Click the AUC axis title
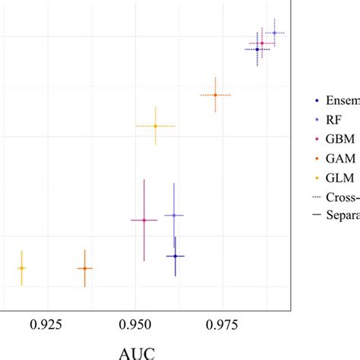click(x=140, y=352)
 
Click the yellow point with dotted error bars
click(x=155, y=125)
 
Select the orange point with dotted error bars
click(x=216, y=95)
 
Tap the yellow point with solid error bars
click(x=21, y=268)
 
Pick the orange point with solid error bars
click(x=84, y=268)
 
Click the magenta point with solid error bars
click(x=144, y=220)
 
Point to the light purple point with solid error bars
click(x=174, y=216)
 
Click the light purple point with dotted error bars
click(x=274, y=33)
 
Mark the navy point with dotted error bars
click(x=257, y=49)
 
